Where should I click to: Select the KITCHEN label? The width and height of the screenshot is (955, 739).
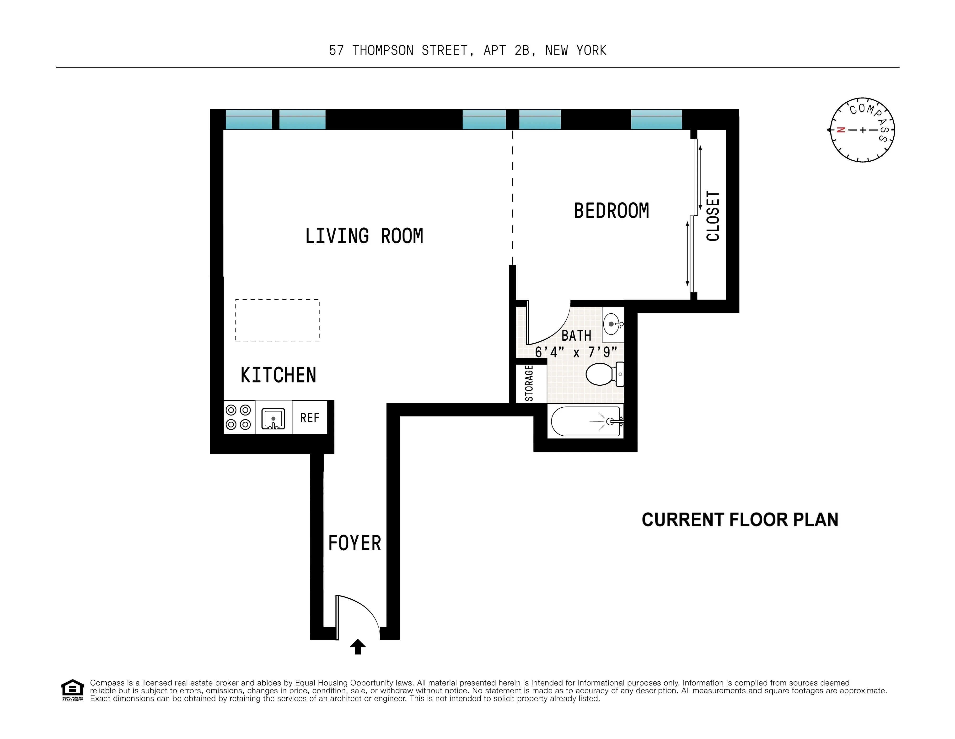(x=278, y=375)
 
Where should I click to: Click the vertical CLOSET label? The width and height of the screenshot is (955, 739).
(x=713, y=216)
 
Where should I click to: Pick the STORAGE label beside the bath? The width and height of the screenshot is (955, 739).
(x=529, y=383)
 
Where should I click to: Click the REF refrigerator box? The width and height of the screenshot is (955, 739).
(x=310, y=418)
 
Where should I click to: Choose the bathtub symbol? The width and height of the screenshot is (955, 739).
(x=586, y=421)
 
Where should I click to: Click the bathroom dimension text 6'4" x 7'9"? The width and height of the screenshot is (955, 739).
(x=576, y=352)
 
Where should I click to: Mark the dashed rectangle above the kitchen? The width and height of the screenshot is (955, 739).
(x=277, y=320)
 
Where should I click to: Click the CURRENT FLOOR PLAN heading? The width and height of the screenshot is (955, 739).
(x=740, y=520)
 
